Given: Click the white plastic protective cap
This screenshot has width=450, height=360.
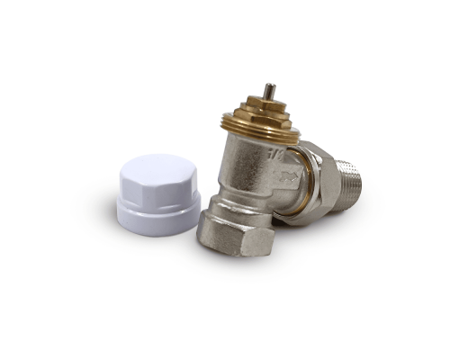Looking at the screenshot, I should [157, 193].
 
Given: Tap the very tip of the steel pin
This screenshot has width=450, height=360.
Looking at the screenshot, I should [268, 86].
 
